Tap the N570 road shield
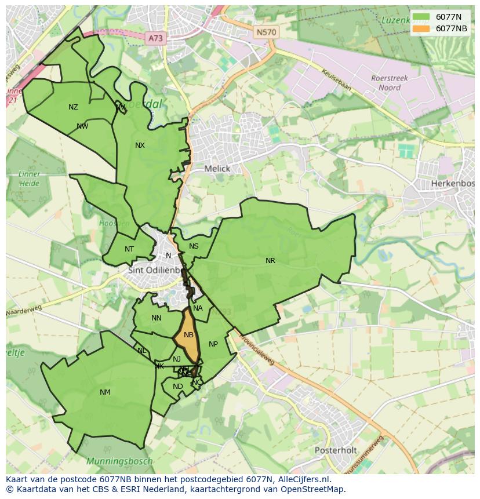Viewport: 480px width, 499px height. tap(266, 32)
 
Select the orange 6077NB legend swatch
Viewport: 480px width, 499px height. tap(422, 28)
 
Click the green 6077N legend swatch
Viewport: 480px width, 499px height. tap(422, 17)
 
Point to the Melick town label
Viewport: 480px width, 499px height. tap(217, 169)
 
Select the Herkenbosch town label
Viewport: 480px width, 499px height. tap(452, 184)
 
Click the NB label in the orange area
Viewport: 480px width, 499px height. tap(188, 335)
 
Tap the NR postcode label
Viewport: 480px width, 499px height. tap(270, 261)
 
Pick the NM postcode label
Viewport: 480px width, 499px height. tap(105, 392)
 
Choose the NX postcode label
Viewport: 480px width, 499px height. tap(140, 145)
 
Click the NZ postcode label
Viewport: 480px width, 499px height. tap(73, 107)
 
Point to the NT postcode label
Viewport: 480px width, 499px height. tap(129, 250)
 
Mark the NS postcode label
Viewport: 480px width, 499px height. tap(194, 246)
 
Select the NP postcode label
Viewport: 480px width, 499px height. tap(213, 344)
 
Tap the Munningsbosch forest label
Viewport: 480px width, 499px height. tap(119, 462)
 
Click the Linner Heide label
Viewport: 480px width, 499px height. tap(29, 179)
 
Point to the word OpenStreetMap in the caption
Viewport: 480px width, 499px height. tap(314, 489)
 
